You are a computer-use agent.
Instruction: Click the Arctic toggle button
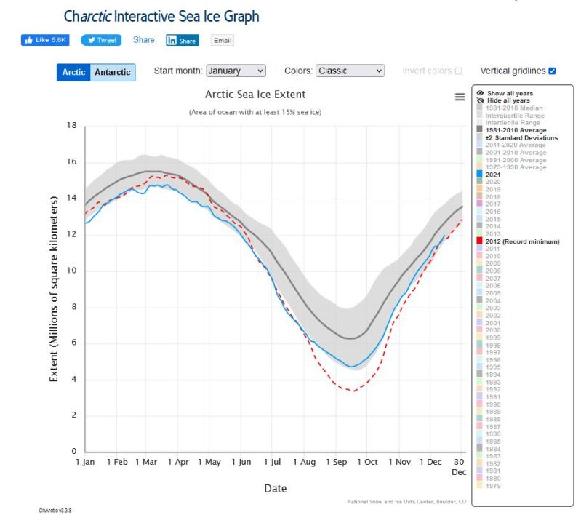73,72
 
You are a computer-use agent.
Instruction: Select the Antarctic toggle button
113,72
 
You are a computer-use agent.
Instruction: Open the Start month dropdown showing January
236,71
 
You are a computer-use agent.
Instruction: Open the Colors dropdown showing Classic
350,71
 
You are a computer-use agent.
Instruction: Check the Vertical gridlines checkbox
552,71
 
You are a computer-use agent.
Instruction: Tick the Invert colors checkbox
458,71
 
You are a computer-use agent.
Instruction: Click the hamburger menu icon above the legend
460,97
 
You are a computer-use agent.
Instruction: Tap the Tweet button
101,40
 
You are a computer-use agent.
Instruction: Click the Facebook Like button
46,40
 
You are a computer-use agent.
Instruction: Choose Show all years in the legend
509,93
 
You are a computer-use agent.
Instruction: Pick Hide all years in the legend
508,100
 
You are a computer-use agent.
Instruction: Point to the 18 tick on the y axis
71,125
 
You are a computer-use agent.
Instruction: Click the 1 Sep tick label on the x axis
337,462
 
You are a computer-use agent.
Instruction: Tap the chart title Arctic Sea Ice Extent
255,95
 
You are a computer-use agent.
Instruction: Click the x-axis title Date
275,488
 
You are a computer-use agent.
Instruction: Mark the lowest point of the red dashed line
353,391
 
